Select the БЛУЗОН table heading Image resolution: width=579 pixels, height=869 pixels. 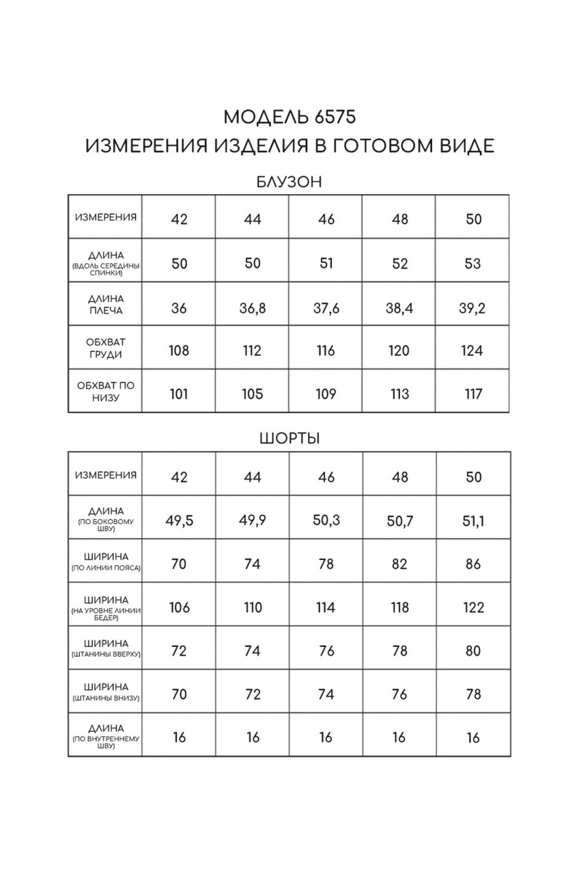289,182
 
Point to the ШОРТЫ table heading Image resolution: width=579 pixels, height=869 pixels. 289,439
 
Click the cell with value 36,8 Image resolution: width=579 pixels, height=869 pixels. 253,307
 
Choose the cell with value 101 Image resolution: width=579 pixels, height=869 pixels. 179,394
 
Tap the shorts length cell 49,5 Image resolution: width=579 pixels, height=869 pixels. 179,521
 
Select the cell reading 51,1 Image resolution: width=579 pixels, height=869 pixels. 473,521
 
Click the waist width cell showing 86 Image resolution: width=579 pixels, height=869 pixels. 472,564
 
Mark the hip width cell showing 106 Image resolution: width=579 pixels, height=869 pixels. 179,607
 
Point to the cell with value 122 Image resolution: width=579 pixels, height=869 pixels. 472,607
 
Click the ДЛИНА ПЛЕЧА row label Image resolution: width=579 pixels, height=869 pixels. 106,304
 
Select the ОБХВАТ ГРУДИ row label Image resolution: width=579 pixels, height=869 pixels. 106,348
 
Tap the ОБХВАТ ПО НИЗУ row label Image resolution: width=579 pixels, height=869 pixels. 106,391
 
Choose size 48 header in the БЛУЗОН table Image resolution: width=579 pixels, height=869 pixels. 399,219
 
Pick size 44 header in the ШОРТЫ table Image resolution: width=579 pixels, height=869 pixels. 253,477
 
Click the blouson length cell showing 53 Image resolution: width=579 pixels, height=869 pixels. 472,264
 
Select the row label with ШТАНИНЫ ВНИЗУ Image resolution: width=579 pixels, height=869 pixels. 106,691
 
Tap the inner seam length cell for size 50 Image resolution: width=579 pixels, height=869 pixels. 472,738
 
